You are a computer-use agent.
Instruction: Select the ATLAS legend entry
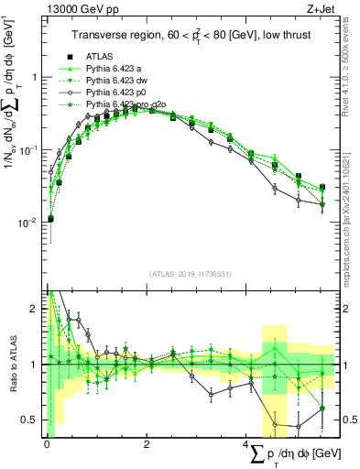point(101,57)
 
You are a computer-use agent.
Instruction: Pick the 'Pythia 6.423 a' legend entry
point(114,69)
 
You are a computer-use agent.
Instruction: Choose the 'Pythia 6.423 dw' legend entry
point(116,81)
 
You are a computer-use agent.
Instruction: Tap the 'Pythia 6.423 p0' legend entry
point(116,93)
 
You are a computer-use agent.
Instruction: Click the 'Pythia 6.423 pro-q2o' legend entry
point(126,104)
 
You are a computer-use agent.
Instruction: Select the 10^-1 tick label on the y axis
point(31,148)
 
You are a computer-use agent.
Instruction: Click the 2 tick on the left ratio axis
point(36,308)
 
